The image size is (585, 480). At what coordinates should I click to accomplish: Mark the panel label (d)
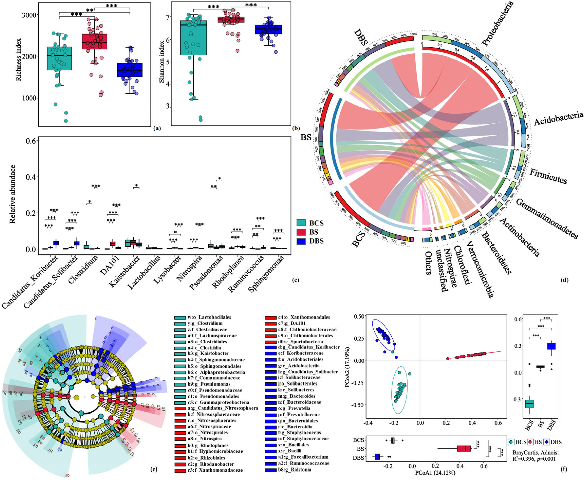pos(564,280)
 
